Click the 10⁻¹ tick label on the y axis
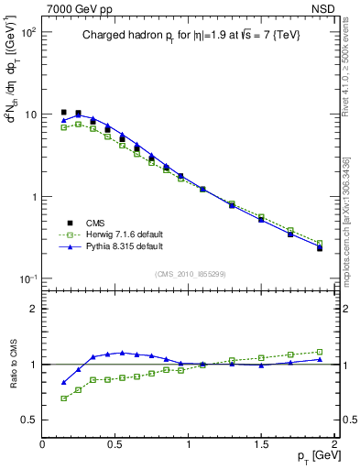point(27,279)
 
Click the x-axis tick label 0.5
point(115,443)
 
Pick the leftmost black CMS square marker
point(63,113)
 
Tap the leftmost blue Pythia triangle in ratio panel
point(63,382)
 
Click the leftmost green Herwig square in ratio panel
point(63,398)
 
